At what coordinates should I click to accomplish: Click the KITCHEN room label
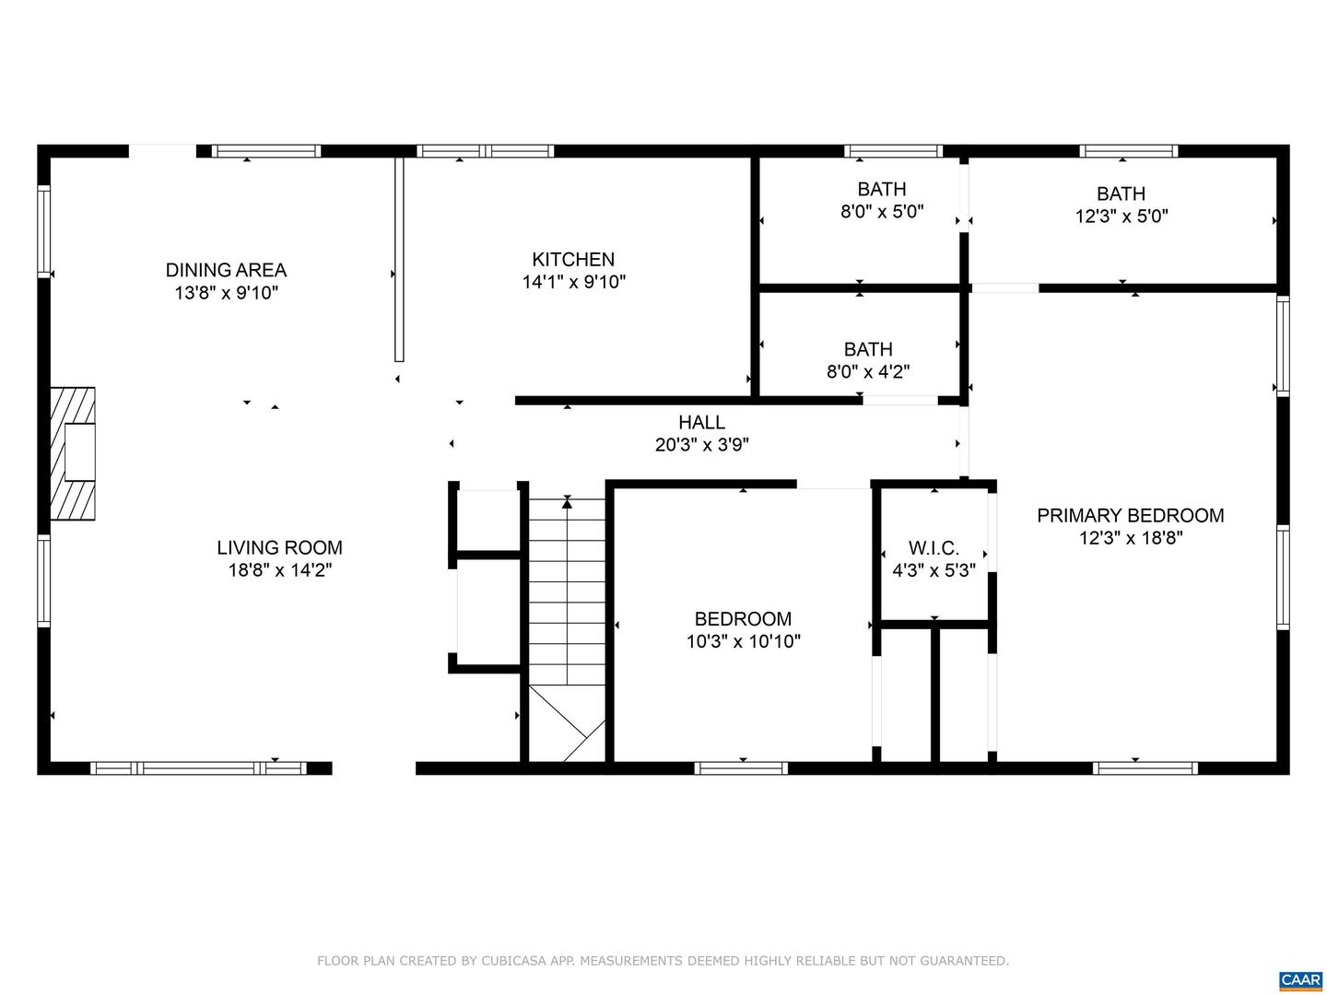(572, 259)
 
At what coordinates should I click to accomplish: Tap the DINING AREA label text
(226, 270)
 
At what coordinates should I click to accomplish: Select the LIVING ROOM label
(280, 547)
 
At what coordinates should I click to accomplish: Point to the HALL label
(701, 422)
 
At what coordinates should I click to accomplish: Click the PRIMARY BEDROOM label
(1131, 515)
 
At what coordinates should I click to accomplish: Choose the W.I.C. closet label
(934, 548)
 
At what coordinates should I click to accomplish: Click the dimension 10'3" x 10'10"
(743, 641)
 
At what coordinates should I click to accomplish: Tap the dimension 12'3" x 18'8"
(1131, 538)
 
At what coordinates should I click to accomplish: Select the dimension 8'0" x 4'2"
(868, 371)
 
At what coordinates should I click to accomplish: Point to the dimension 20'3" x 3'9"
(702, 445)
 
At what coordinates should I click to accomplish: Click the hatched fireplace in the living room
(73, 453)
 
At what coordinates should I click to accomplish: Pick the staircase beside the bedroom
(567, 627)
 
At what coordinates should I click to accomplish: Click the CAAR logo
(1299, 980)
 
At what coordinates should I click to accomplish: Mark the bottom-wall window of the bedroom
(741, 767)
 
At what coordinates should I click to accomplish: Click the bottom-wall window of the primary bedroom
(1145, 767)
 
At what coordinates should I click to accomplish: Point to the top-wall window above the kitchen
(485, 151)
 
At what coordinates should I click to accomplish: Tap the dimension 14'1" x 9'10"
(574, 282)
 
